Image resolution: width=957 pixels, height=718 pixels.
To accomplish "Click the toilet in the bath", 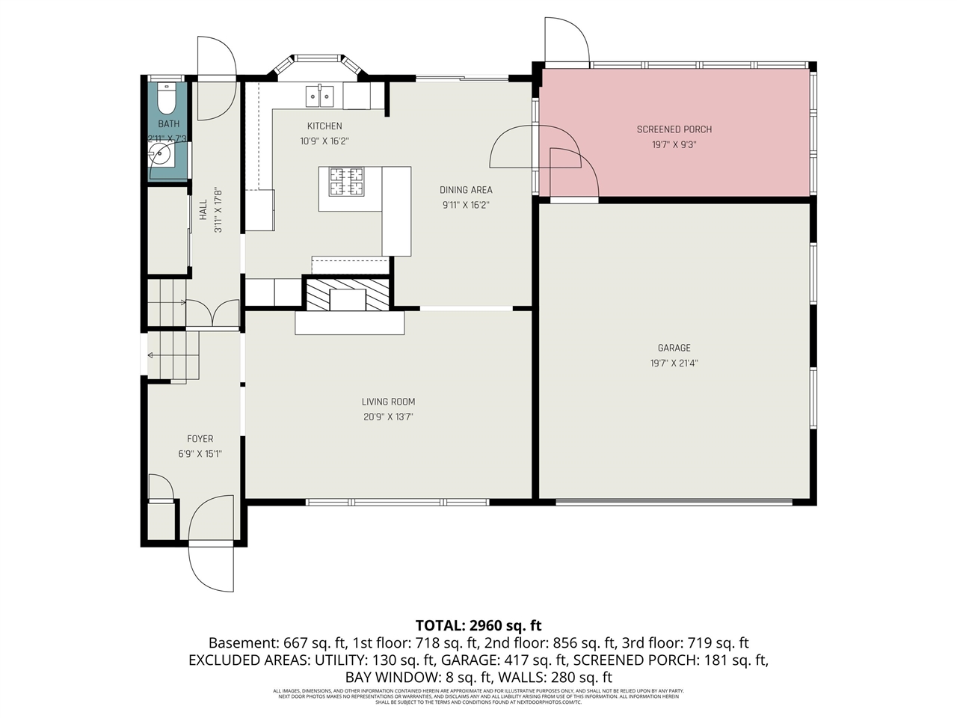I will click(166, 97).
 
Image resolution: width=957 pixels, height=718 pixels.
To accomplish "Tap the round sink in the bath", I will click(161, 156).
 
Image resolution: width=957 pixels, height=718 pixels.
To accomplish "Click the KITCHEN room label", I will click(324, 126).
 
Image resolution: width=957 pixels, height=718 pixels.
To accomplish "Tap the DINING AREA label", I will click(466, 190).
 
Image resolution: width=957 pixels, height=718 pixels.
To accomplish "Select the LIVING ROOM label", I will click(389, 402).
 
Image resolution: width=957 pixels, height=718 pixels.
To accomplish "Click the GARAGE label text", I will click(674, 348).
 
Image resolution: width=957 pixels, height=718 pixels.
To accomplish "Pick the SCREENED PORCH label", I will click(674, 129).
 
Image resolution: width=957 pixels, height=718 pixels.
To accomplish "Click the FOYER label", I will click(200, 439).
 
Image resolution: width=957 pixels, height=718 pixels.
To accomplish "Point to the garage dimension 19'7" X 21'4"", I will click(674, 363).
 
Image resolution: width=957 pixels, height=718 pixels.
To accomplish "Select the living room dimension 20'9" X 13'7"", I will click(389, 417).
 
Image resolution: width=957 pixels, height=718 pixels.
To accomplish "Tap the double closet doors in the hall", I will click(212, 313).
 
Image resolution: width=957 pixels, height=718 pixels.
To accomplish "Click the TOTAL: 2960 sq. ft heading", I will click(478, 625).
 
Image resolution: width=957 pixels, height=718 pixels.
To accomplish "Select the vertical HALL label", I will click(203, 209).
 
